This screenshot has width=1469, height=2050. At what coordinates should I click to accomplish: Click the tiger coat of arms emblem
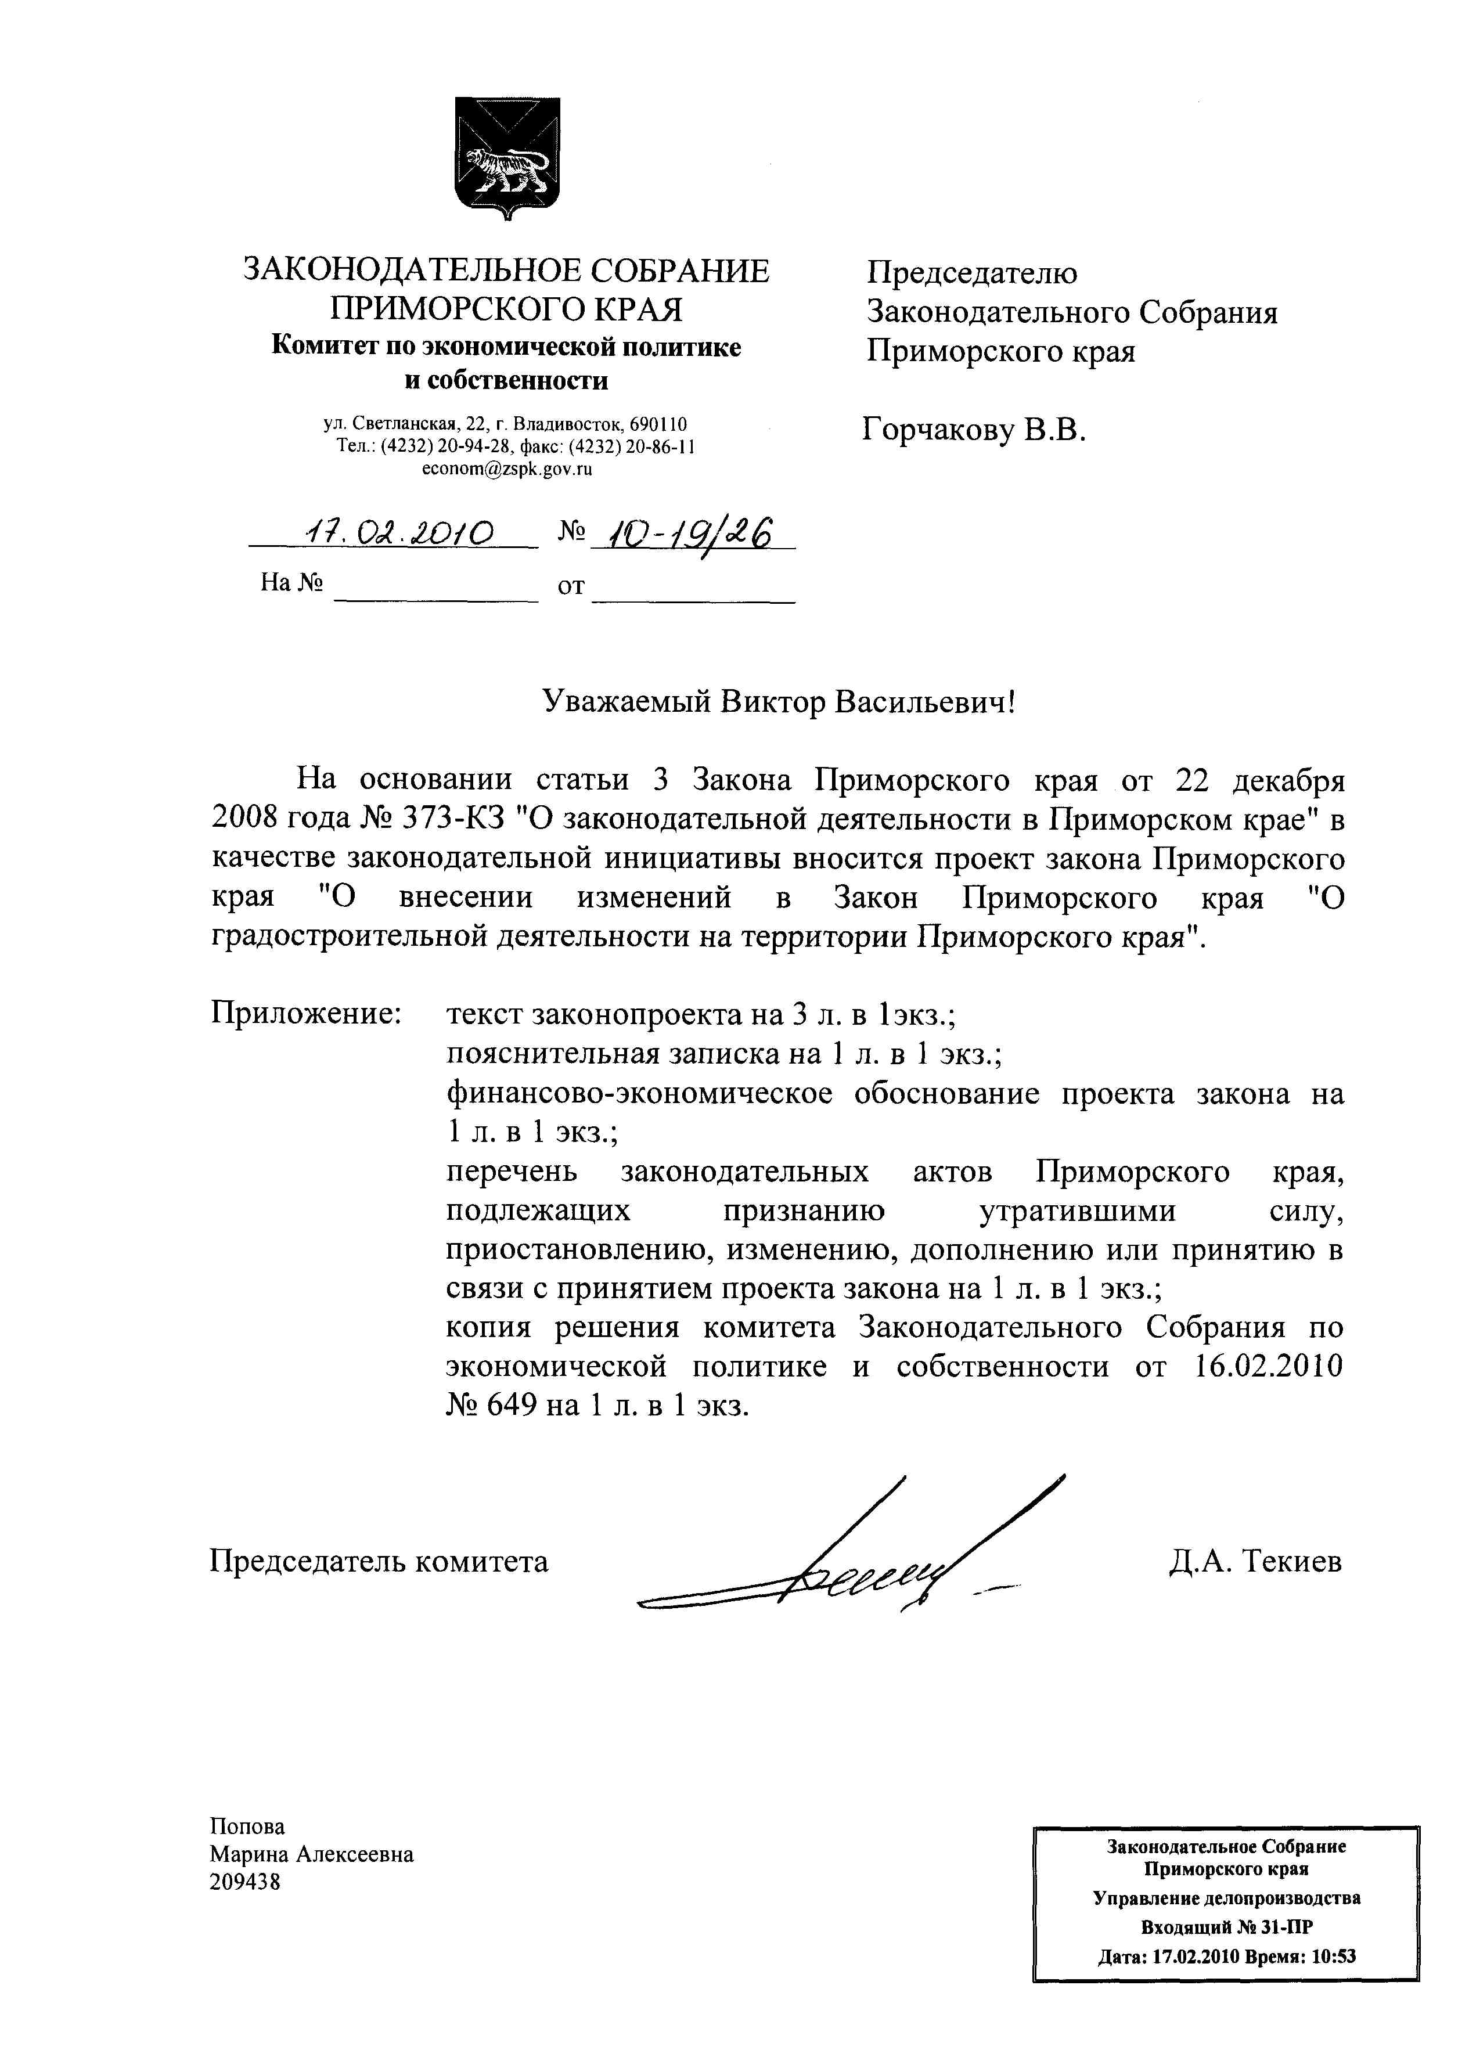click(506, 156)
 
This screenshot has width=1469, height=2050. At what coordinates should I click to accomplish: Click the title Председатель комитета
click(379, 1561)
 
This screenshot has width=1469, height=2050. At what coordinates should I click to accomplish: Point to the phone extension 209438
click(245, 1882)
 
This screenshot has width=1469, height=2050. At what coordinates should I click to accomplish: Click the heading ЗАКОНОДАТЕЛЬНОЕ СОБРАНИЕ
click(506, 271)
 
